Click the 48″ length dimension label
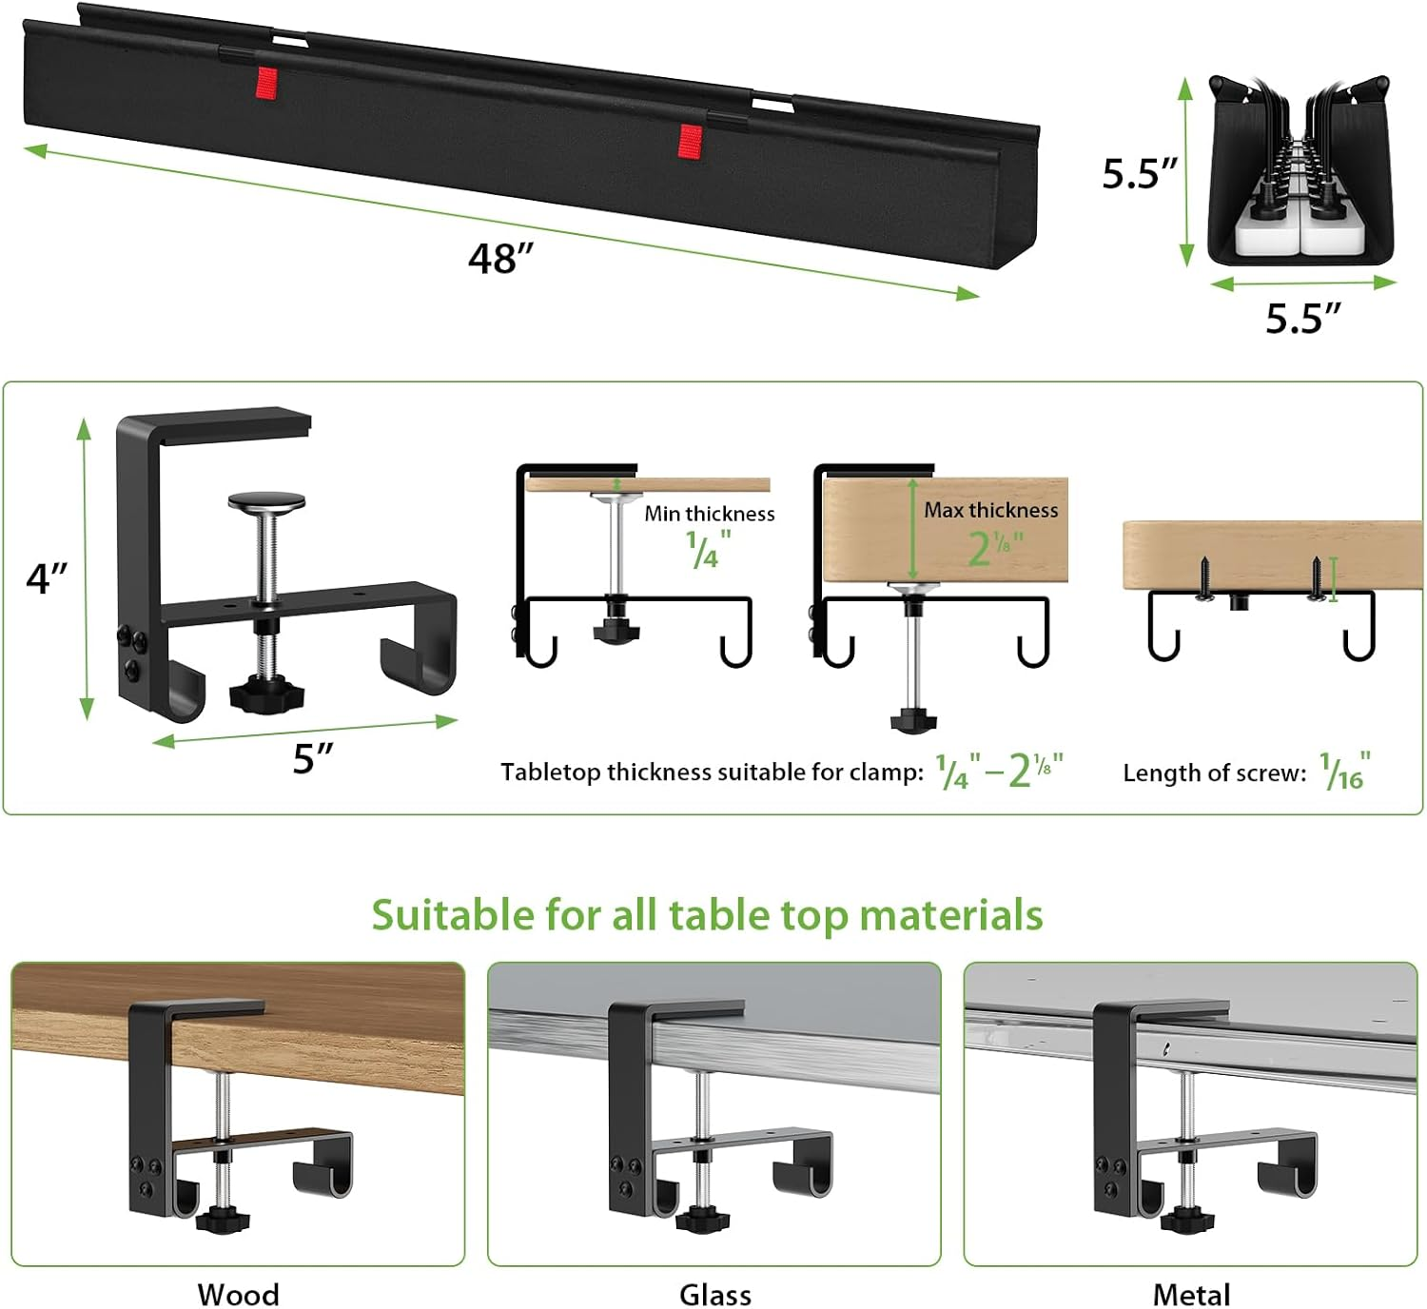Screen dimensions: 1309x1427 point(500,259)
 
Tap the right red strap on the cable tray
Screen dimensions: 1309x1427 point(690,140)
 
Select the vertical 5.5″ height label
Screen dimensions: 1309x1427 point(1139,174)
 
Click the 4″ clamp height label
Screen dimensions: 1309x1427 point(48,577)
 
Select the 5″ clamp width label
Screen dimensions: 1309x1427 point(313,759)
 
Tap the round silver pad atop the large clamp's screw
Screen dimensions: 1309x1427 point(266,500)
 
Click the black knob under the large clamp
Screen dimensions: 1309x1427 point(267,693)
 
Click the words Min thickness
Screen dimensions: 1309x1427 point(709,514)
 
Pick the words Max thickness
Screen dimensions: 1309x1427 point(990,510)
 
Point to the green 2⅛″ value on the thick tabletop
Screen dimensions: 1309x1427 point(994,548)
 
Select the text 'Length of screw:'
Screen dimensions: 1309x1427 point(1214,772)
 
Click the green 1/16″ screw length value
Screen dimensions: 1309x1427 point(1344,772)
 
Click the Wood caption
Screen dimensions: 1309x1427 point(238,1294)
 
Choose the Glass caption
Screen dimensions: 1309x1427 point(714,1294)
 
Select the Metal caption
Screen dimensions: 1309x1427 point(1191,1294)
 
